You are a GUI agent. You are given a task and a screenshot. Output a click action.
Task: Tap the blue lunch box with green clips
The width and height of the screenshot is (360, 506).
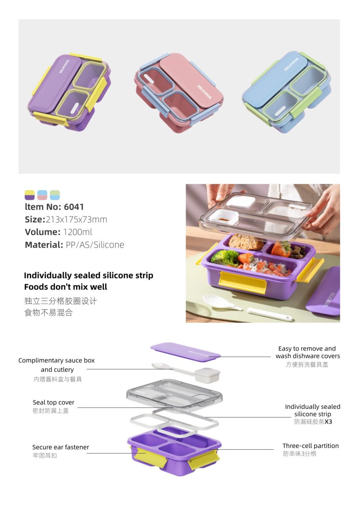tap(287, 92)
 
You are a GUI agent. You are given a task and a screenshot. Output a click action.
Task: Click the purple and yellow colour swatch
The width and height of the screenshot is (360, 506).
tap(30, 195)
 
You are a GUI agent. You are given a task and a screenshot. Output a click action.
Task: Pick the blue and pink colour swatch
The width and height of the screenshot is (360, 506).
tap(42, 195)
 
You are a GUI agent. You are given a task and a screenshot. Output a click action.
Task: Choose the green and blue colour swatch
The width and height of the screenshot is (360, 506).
tap(55, 195)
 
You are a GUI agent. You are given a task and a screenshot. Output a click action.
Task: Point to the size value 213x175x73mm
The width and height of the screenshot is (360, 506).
tap(76, 220)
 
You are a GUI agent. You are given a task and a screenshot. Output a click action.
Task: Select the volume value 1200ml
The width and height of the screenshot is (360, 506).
tap(77, 232)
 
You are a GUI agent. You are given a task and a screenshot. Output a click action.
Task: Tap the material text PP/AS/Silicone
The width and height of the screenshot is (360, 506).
tap(95, 245)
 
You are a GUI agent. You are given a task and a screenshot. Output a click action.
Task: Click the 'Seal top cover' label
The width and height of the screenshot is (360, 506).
tap(53, 402)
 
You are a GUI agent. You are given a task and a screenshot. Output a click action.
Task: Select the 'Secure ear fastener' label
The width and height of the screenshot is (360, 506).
tap(60, 447)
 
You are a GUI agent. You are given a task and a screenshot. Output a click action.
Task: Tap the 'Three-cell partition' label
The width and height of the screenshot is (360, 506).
tap(310, 446)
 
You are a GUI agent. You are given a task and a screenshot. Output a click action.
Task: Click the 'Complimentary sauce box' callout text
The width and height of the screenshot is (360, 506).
tap(56, 361)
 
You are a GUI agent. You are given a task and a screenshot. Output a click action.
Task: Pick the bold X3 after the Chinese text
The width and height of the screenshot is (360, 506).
tap(328, 422)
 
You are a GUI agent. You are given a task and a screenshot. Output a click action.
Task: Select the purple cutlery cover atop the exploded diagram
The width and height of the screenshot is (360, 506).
tap(185, 351)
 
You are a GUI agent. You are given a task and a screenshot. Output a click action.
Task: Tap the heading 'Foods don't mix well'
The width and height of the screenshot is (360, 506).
tap(65, 287)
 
